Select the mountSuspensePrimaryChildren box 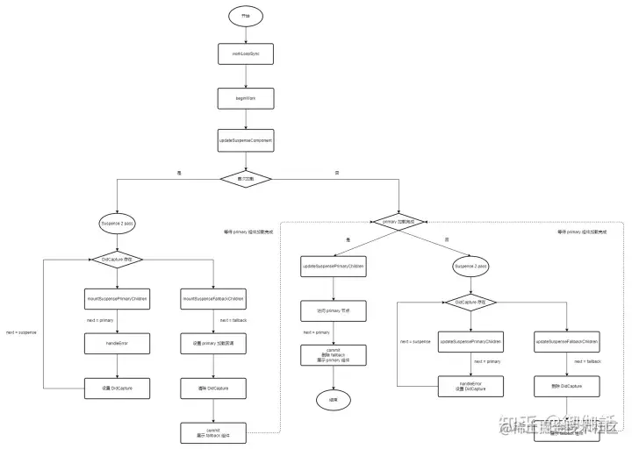(x=117, y=300)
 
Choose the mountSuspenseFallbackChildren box (x=212, y=300)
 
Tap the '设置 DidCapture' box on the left (x=117, y=387)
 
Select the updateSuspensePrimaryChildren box (x=333, y=265)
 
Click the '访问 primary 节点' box (x=333, y=310)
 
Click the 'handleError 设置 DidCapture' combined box (x=470, y=385)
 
